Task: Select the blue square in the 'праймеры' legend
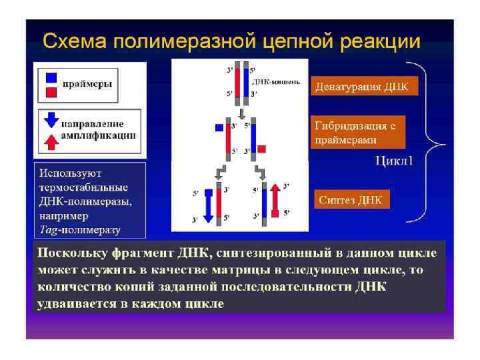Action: click(x=50, y=76)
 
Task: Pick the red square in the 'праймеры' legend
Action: click(x=50, y=91)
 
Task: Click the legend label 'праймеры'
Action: click(x=87, y=84)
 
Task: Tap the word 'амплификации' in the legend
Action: click(x=98, y=135)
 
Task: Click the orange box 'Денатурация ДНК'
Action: click(x=364, y=86)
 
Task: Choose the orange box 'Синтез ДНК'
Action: click(x=351, y=200)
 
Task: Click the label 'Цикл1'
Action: click(x=394, y=160)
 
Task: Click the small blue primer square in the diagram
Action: click(x=219, y=127)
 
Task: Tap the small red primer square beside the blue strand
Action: click(x=262, y=148)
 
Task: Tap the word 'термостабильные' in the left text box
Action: click(x=83, y=188)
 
